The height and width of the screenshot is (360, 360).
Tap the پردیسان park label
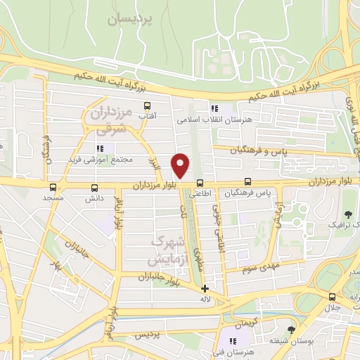130,19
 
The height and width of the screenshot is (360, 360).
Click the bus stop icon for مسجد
53,188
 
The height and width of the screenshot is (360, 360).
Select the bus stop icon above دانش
94,188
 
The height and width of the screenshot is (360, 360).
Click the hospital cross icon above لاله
205,288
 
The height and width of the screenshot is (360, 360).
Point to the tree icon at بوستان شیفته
291,330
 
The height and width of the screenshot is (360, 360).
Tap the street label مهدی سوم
264,268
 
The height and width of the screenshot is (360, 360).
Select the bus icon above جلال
331,297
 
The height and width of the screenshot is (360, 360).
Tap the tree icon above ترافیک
347,213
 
